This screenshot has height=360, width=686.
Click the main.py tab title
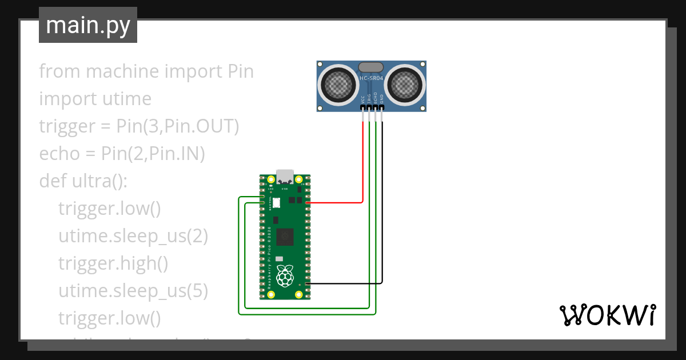[x=87, y=25]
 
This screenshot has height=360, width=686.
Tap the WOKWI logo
[x=607, y=315]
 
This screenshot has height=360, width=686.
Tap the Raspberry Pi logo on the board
[x=284, y=276]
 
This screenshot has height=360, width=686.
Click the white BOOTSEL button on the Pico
[x=277, y=202]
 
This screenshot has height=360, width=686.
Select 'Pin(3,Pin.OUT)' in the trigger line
[x=177, y=126]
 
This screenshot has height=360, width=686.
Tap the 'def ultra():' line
[x=83, y=181]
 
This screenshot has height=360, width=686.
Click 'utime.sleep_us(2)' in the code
[x=133, y=236]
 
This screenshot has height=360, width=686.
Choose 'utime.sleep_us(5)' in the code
[x=133, y=291]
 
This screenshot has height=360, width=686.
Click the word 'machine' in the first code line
[x=122, y=71]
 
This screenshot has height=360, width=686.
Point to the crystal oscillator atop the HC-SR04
[x=372, y=67]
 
